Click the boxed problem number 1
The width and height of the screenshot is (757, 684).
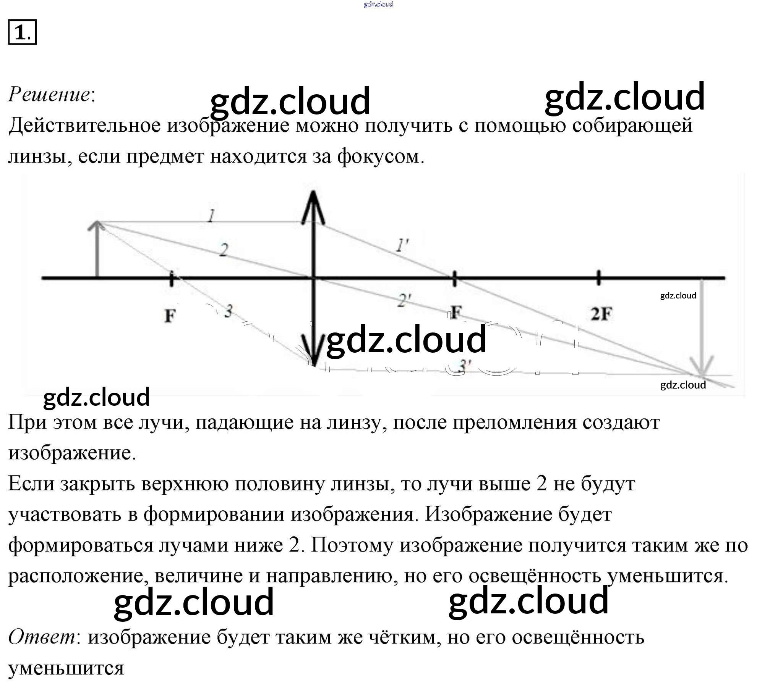[22, 32]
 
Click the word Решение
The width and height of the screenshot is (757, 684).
[50, 94]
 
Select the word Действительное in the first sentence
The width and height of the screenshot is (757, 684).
[84, 125]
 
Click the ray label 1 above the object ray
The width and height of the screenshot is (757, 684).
[211, 216]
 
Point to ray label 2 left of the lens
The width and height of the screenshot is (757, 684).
[224, 250]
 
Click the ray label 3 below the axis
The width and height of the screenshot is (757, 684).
[228, 311]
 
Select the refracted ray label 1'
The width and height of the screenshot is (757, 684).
[402, 245]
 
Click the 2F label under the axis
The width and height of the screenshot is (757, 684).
[601, 314]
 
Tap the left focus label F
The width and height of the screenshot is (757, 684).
[170, 316]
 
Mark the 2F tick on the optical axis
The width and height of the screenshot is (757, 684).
[598, 278]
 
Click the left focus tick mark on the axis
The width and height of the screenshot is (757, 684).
[172, 278]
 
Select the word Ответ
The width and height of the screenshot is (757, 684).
[42, 637]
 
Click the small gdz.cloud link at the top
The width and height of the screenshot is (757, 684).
[378, 4]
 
